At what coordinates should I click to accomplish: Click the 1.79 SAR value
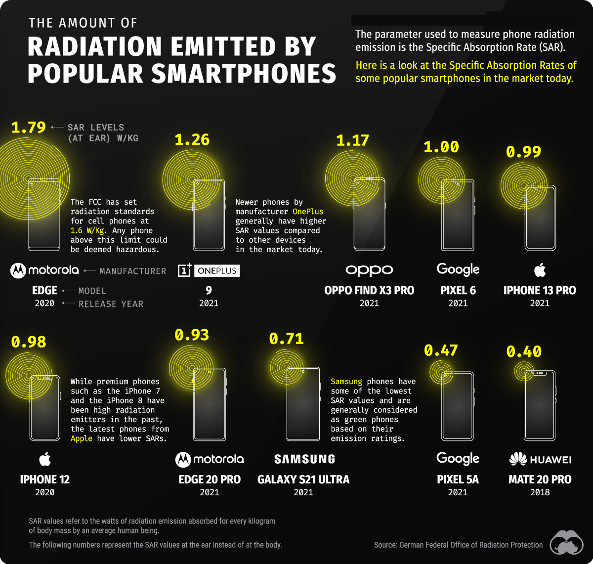pyautogui.click(x=28, y=127)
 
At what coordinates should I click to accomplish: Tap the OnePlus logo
pyautogui.click(x=209, y=270)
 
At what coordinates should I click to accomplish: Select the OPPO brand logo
pyautogui.click(x=369, y=270)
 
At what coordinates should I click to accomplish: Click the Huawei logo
pyautogui.click(x=540, y=460)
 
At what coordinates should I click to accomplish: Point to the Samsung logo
pyautogui.click(x=304, y=459)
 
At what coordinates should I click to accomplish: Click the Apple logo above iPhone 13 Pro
pyautogui.click(x=540, y=270)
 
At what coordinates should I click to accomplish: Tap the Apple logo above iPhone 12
pyautogui.click(x=45, y=460)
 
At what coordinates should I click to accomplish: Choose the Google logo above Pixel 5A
pyautogui.click(x=458, y=458)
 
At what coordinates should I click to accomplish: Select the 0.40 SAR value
pyautogui.click(x=524, y=351)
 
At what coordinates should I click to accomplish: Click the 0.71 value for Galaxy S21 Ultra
pyautogui.click(x=286, y=339)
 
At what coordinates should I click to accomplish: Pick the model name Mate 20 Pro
pyautogui.click(x=540, y=479)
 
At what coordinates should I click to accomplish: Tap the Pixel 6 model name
pyautogui.click(x=458, y=290)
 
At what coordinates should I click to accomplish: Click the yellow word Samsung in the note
pyautogui.click(x=346, y=382)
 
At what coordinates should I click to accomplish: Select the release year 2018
pyautogui.click(x=540, y=492)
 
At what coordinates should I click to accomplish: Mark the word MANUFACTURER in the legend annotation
pyautogui.click(x=132, y=271)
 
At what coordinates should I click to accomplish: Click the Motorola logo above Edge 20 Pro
pyautogui.click(x=210, y=460)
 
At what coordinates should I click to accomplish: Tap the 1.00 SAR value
pyautogui.click(x=441, y=147)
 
